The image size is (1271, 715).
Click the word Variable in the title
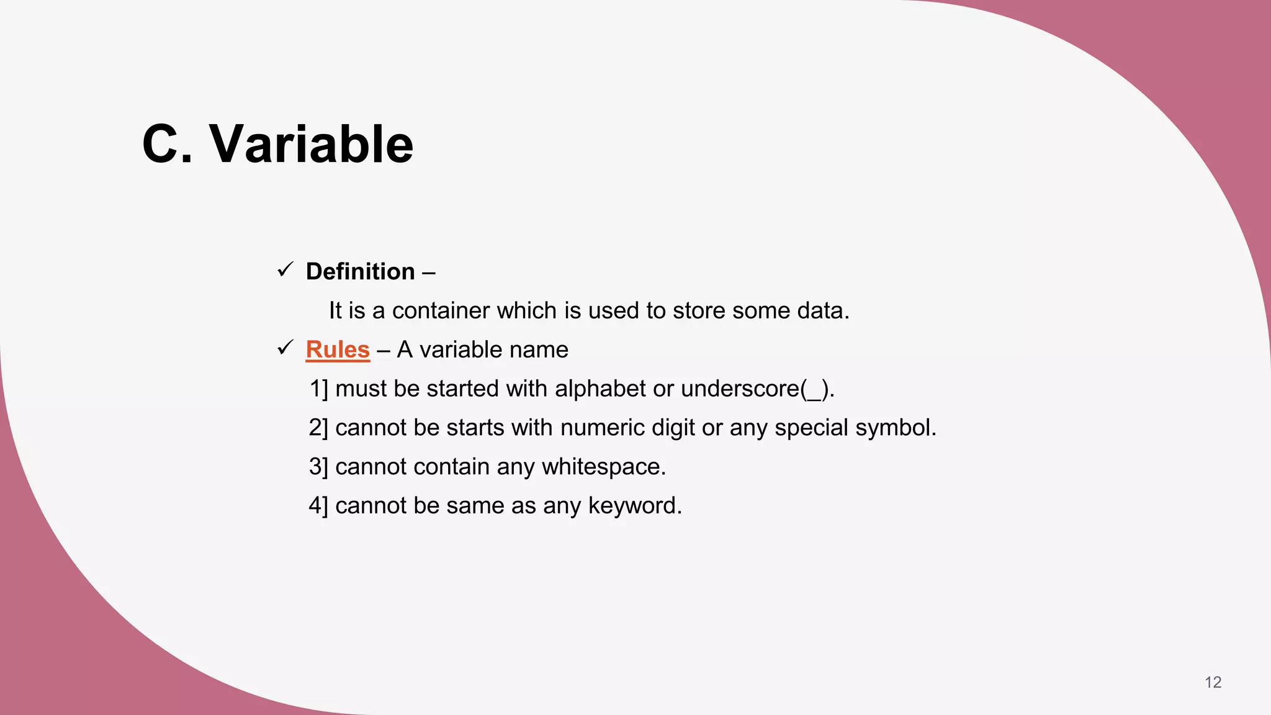click(x=312, y=144)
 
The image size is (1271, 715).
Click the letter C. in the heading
click(x=167, y=144)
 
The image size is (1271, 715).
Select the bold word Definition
click(x=360, y=272)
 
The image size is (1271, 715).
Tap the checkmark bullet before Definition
click(x=285, y=270)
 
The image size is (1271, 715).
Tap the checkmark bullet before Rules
click(x=285, y=348)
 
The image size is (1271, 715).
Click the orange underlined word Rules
click(x=338, y=350)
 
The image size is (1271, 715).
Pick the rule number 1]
click(x=318, y=389)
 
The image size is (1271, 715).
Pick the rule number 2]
click(x=318, y=428)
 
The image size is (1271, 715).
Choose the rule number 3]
click(x=318, y=467)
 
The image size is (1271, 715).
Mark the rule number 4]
click(x=318, y=506)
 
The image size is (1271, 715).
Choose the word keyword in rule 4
click(x=634, y=506)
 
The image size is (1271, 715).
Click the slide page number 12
click(x=1213, y=683)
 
